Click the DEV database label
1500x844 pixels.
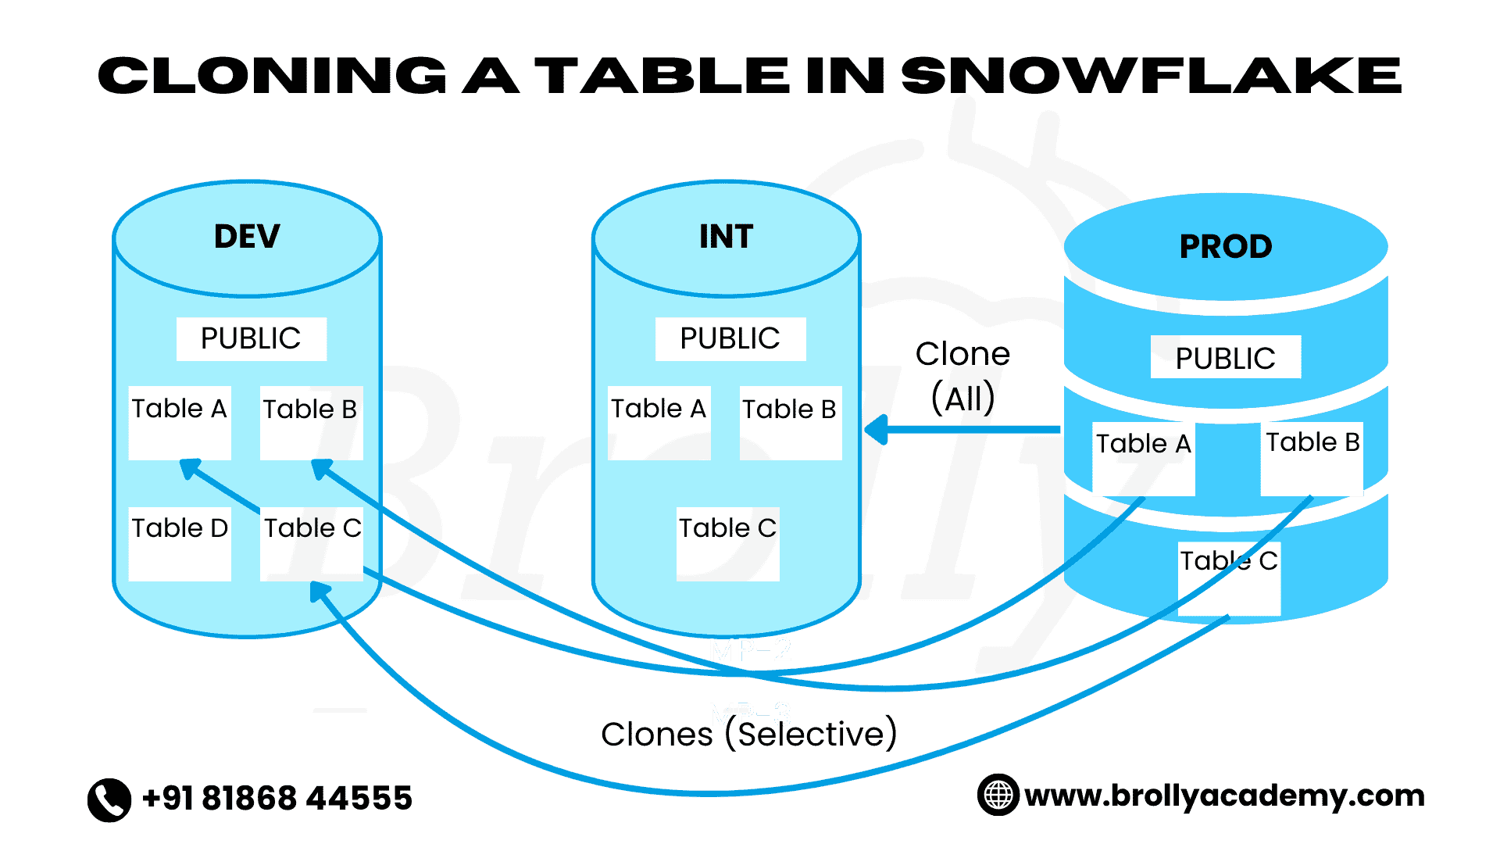point(247,236)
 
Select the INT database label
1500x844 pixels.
point(726,236)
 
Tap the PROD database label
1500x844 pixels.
point(1225,246)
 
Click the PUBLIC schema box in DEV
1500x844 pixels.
point(251,338)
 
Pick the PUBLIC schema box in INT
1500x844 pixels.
point(730,338)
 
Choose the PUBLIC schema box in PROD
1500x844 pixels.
point(1225,357)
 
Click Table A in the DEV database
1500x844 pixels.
point(179,422)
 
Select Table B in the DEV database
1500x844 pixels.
point(311,422)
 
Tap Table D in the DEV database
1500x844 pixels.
point(179,543)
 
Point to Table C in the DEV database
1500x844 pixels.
point(312,543)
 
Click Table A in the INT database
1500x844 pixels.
point(659,422)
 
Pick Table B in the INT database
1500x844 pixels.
point(790,422)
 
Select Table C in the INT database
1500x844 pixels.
point(727,543)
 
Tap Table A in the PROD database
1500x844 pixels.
point(1143,458)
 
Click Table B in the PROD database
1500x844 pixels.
point(1312,456)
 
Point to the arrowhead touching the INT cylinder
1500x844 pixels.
point(877,430)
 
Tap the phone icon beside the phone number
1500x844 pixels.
point(109,799)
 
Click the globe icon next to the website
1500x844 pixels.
point(998,795)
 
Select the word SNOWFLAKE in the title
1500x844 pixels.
point(1151,76)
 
